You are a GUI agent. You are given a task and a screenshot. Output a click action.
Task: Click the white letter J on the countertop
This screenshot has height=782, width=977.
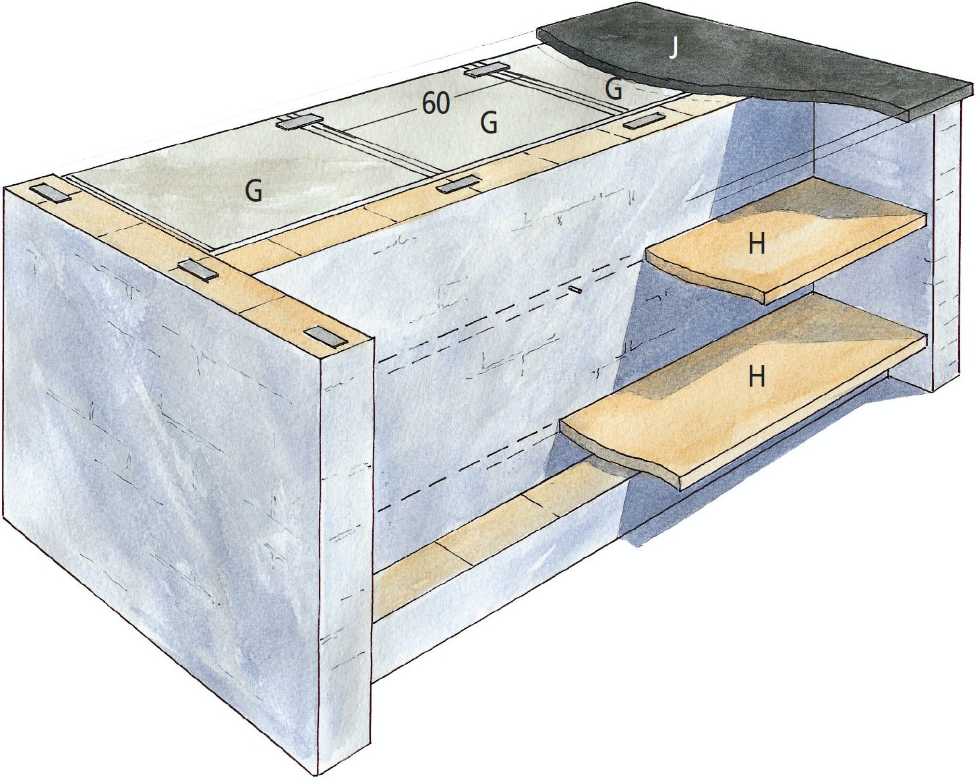pyautogui.click(x=674, y=49)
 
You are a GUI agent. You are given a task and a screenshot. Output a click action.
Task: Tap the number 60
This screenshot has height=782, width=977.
pyautogui.click(x=436, y=104)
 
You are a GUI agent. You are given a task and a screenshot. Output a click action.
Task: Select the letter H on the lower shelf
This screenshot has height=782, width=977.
pyautogui.click(x=756, y=376)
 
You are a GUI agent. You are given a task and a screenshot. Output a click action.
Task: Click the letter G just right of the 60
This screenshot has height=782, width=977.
pyautogui.click(x=489, y=123)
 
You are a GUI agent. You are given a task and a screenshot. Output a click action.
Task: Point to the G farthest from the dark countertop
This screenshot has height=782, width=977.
pyautogui.click(x=254, y=192)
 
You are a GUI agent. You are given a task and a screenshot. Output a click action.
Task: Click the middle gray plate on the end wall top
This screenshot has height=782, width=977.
pyautogui.click(x=198, y=271)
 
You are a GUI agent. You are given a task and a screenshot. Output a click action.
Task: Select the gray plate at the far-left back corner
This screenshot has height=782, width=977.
pyautogui.click(x=53, y=193)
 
